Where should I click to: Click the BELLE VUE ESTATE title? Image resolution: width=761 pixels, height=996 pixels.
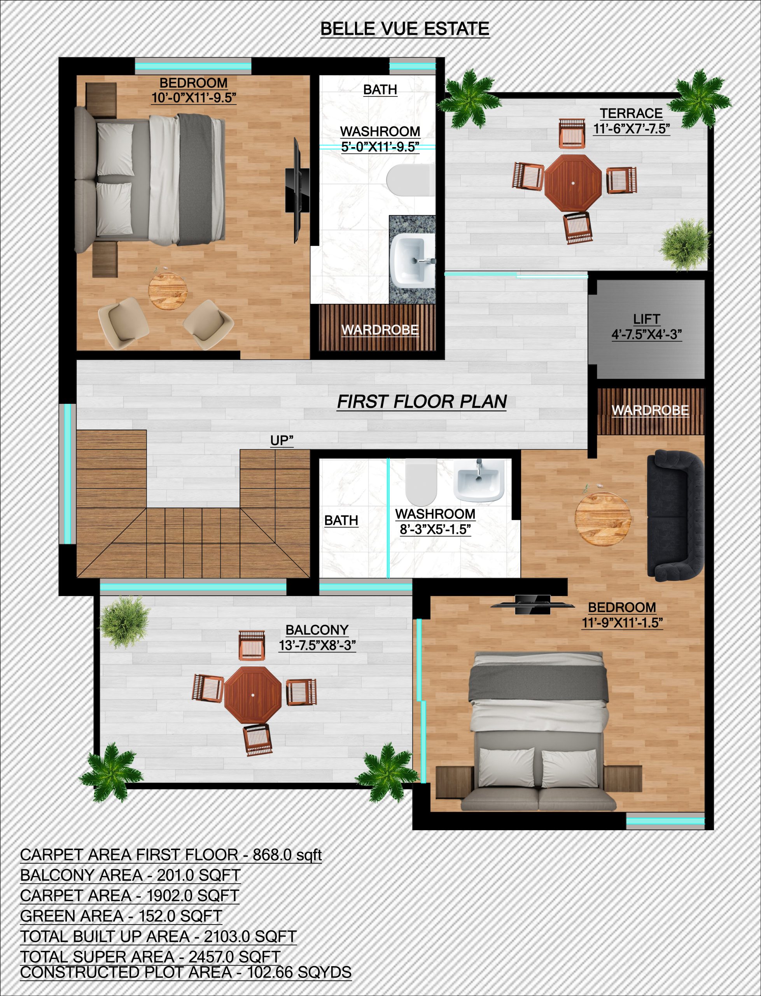point(404,29)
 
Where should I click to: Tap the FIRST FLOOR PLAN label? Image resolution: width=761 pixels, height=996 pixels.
point(422,402)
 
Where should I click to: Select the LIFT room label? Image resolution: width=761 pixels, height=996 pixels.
point(646,319)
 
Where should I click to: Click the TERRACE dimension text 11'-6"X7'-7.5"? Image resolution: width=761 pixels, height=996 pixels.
point(632,129)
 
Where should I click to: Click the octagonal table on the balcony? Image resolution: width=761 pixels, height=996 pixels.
point(253,694)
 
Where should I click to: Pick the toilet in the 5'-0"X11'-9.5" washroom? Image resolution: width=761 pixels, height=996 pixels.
point(408,181)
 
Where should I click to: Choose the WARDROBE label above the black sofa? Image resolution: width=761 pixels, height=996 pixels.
point(650,410)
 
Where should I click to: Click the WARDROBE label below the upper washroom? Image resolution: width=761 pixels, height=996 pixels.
point(380,330)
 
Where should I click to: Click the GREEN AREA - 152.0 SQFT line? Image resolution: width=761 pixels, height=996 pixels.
point(121,916)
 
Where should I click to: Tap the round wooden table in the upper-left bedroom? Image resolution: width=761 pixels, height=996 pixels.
point(168,291)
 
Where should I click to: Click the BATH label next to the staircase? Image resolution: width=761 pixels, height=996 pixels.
point(341,520)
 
